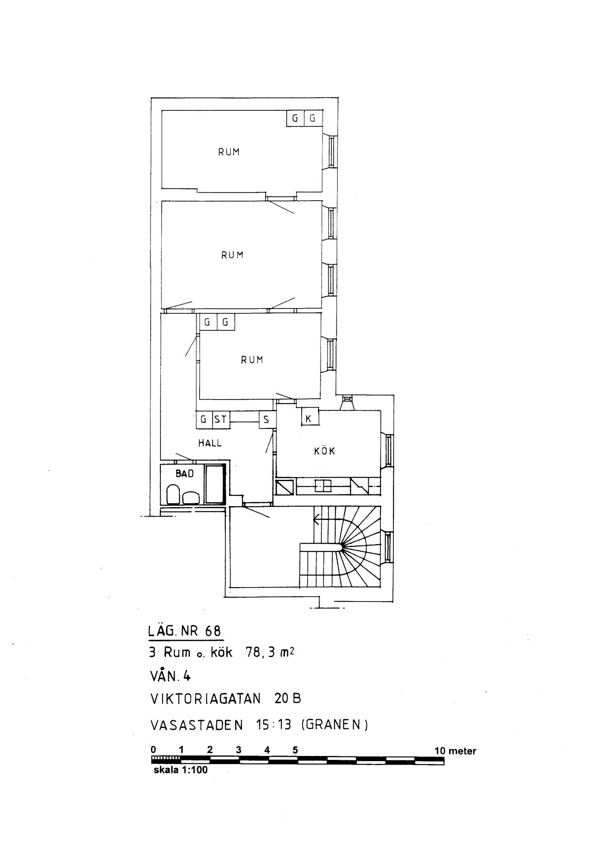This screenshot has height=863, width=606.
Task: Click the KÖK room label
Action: click(324, 450)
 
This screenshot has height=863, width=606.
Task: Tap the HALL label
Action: click(210, 443)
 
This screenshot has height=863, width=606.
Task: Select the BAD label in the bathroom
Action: click(185, 474)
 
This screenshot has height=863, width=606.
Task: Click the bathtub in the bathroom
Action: click(215, 484)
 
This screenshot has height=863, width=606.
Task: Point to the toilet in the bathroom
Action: click(173, 494)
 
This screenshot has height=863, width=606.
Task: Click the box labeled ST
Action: click(221, 419)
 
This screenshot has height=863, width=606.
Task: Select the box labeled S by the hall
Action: click(267, 419)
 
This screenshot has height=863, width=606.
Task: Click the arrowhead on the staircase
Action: click(316, 520)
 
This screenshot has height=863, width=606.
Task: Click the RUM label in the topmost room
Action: click(229, 152)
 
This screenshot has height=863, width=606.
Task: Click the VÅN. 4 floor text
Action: click(170, 676)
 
